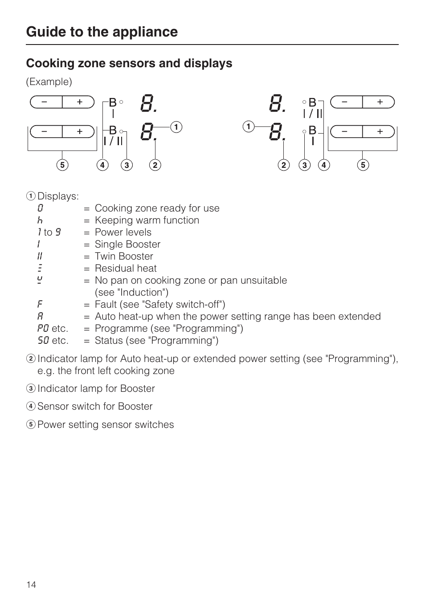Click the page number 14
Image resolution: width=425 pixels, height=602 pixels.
pyautogui.click(x=31, y=585)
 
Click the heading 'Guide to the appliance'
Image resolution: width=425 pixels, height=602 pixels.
pyautogui.click(x=102, y=32)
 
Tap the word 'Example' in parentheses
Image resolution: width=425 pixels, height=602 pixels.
pyautogui.click(x=49, y=82)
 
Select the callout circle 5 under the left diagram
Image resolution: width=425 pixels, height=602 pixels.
pyautogui.click(x=62, y=165)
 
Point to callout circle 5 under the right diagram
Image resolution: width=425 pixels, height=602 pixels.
pyautogui.click(x=363, y=165)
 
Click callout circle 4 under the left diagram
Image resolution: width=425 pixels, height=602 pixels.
pyautogui.click(x=102, y=165)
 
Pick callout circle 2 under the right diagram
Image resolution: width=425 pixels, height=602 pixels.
pyautogui.click(x=284, y=165)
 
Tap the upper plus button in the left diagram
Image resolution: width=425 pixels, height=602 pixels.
pyautogui.click(x=79, y=102)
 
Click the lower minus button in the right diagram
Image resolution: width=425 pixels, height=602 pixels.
pyautogui.click(x=345, y=132)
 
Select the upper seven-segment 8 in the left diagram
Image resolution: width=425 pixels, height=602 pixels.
pyautogui.click(x=147, y=103)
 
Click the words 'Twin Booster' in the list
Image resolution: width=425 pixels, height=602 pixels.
pyautogui.click(x=124, y=256)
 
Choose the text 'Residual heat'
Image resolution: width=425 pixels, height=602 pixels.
pyautogui.click(x=126, y=268)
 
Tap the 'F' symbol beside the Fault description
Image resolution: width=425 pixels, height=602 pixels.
pyautogui.click(x=40, y=305)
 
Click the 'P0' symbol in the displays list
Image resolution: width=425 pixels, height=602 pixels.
pyautogui.click(x=43, y=329)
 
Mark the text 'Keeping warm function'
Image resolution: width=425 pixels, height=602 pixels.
pyautogui.click(x=147, y=220)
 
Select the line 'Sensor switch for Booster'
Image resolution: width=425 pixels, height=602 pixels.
pyautogui.click(x=95, y=407)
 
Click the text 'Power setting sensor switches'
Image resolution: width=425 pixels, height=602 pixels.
pyautogui.click(x=106, y=425)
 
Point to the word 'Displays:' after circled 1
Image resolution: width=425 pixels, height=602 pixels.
pyautogui.click(x=58, y=196)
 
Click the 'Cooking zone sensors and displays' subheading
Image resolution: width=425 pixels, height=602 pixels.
pyautogui.click(x=129, y=63)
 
